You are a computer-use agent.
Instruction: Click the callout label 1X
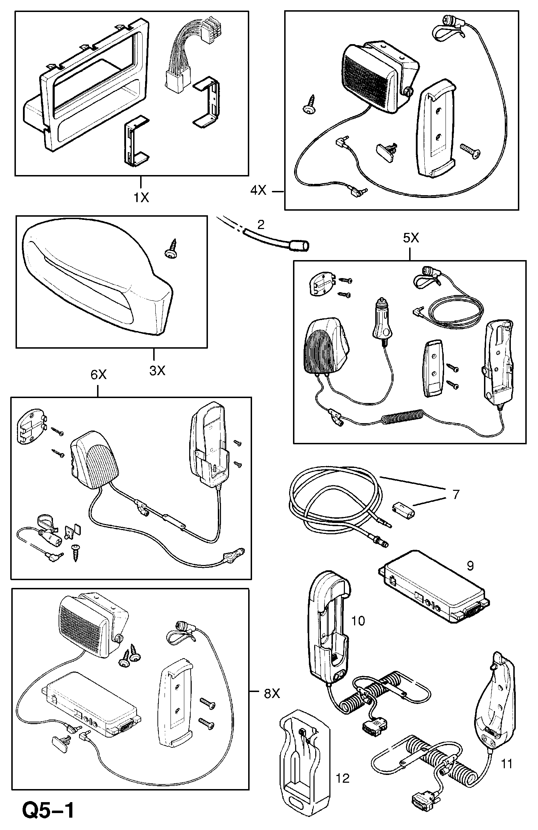141,198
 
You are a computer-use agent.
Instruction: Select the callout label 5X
411,239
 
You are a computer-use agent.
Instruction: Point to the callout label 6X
98,375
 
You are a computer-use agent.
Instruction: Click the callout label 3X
157,371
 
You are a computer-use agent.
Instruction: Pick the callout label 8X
272,694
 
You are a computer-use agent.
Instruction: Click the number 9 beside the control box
470,566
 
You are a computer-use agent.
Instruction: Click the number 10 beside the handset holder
358,621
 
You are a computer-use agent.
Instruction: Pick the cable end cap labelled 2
299,245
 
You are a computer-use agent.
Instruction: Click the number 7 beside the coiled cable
456,494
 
